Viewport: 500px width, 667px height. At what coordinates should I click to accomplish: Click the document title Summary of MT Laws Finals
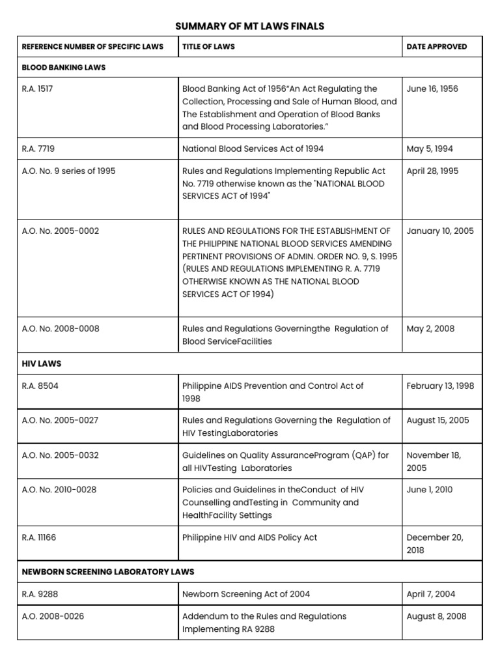point(250,26)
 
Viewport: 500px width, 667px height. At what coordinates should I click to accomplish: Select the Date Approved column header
point(436,47)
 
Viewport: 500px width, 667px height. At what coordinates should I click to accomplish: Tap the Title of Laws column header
point(209,47)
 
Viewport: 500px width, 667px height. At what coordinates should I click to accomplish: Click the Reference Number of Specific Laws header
point(92,47)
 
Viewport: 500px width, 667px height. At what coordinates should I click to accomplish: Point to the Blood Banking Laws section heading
point(64,67)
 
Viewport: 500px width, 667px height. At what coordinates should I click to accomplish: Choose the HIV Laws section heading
point(42,363)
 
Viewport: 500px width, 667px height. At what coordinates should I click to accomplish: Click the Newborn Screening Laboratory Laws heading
point(108,571)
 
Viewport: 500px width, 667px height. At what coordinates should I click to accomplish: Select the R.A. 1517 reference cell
point(37,89)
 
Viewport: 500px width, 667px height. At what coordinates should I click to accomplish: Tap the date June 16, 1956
point(432,89)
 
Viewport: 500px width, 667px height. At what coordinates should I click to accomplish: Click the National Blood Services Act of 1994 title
point(253,149)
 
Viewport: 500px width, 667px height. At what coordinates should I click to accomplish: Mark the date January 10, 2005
point(440,231)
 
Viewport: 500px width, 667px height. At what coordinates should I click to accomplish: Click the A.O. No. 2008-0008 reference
point(61,328)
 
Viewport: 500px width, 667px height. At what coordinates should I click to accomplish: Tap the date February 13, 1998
point(440,386)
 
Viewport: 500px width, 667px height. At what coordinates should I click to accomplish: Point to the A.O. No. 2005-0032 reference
point(61,455)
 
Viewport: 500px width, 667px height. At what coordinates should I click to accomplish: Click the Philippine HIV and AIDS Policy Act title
point(249,537)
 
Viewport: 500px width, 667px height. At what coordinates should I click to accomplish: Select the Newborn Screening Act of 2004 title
point(246,593)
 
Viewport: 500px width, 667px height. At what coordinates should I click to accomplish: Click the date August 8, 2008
point(436,616)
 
